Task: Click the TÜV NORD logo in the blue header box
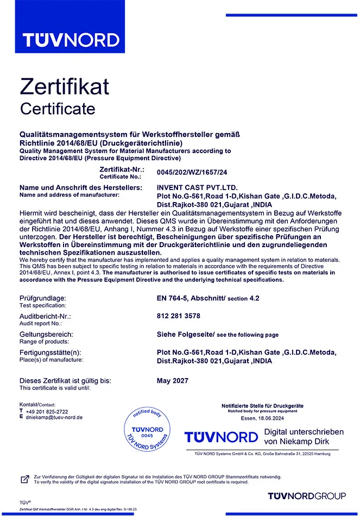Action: coord(71,40)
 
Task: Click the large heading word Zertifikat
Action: coord(65,87)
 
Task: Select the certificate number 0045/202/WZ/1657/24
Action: coord(192,173)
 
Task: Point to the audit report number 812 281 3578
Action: coord(178,316)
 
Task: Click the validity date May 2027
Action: coord(173,380)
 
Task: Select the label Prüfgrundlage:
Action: coord(42,298)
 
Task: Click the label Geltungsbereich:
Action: coord(46,334)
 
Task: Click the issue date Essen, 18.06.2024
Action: coord(263,419)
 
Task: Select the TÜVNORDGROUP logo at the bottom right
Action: coord(307,496)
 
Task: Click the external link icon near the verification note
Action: coord(24,479)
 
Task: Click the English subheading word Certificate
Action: coord(58,109)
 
